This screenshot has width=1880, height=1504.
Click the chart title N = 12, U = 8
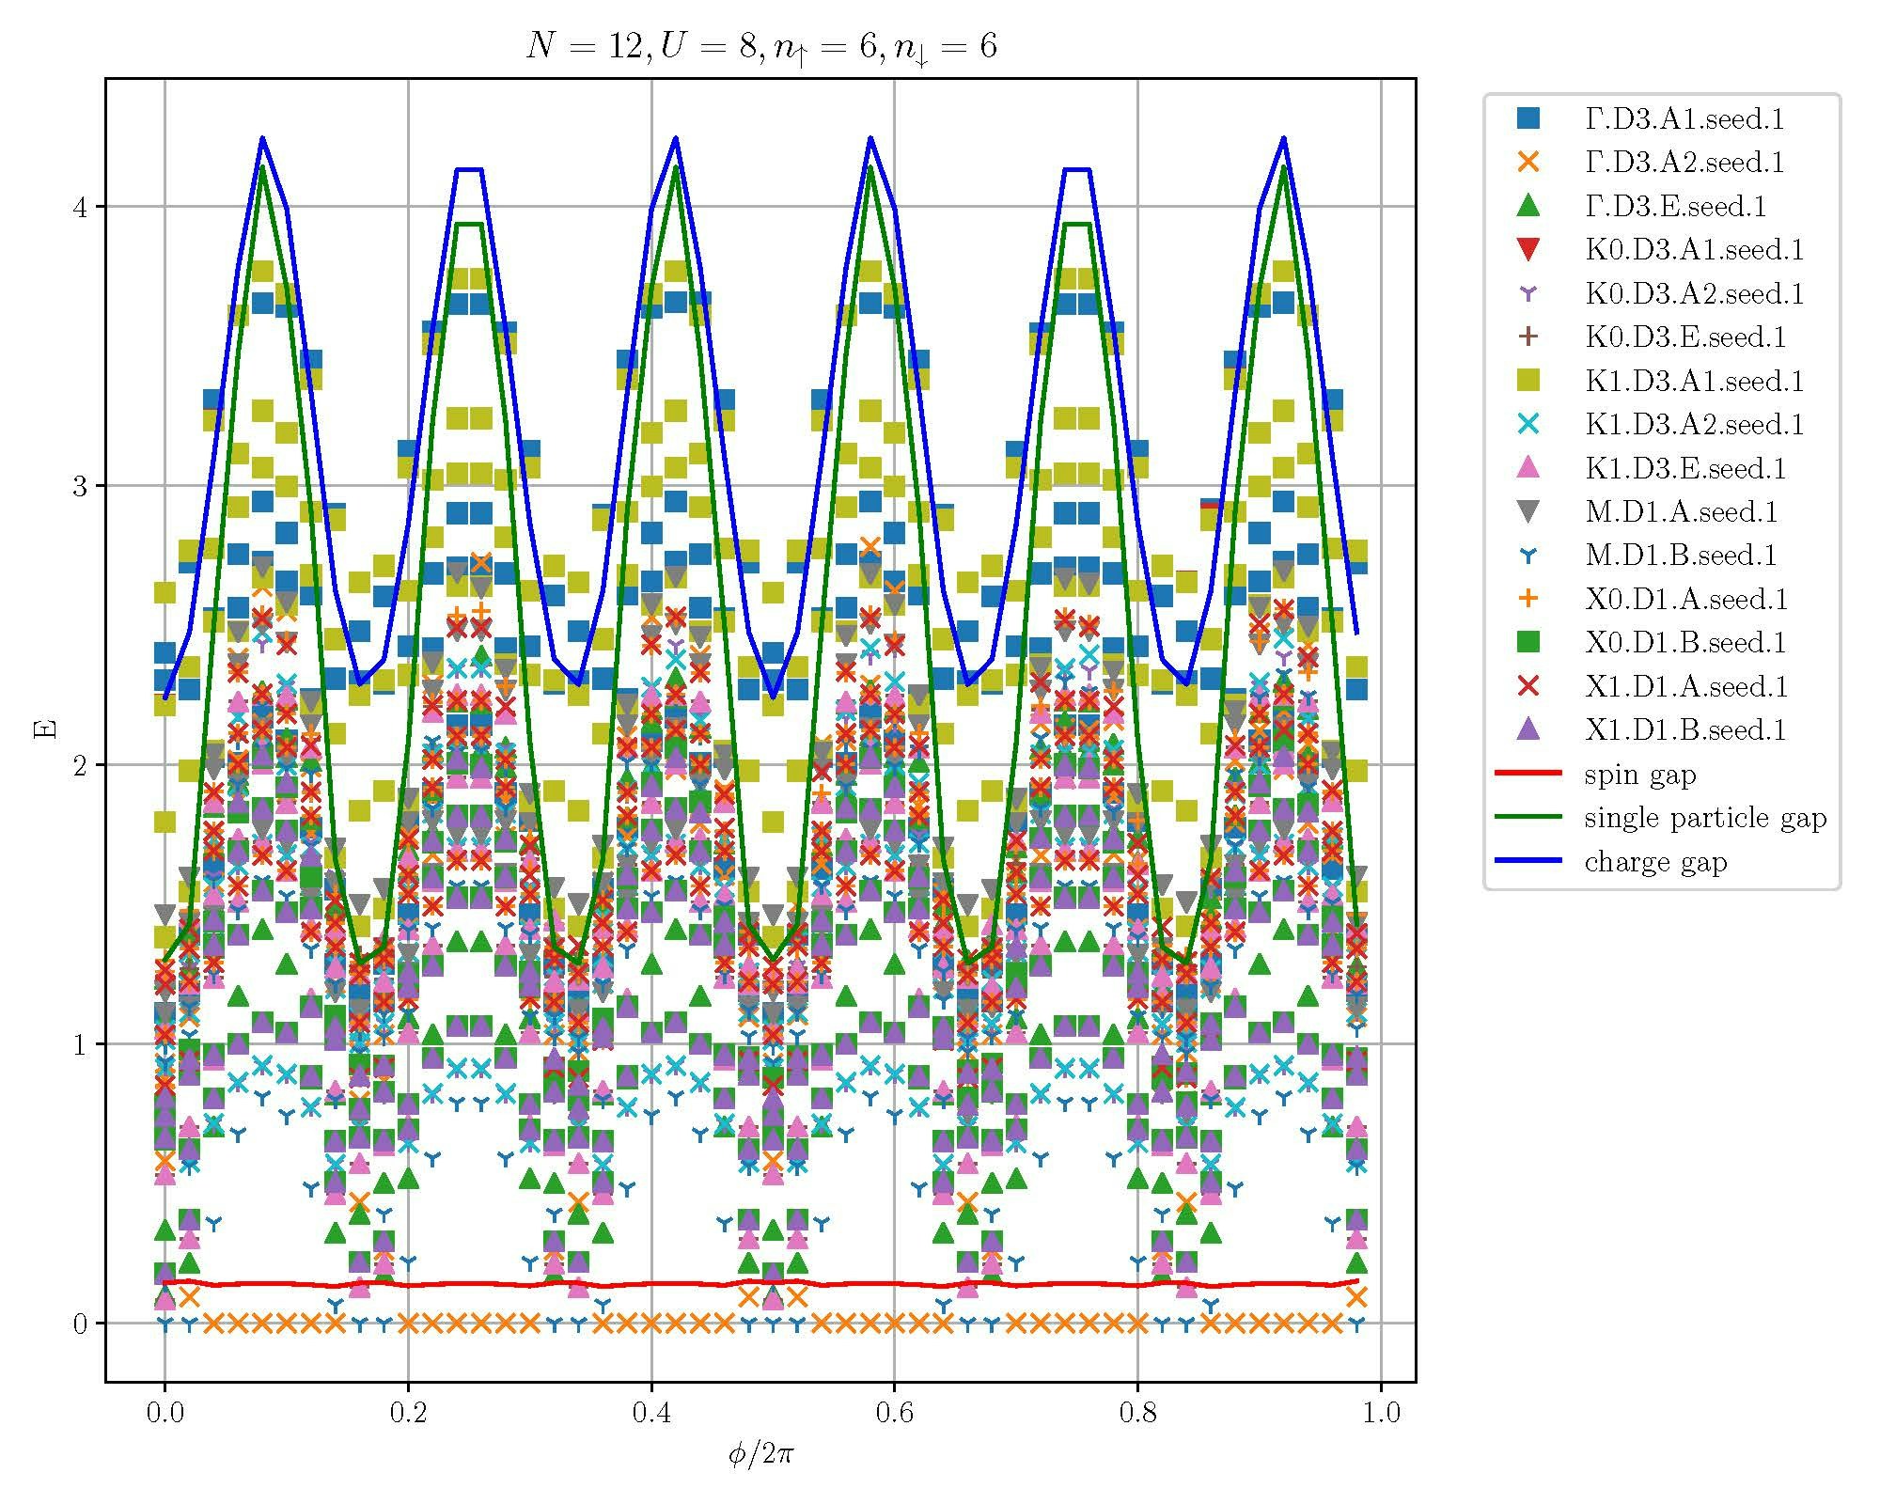coord(760,45)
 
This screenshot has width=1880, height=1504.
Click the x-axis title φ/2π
coord(760,1455)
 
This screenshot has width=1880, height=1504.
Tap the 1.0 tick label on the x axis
coord(1380,1413)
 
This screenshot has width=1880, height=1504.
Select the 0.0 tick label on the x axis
coord(164,1413)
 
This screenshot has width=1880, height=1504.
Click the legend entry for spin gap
coord(1639,775)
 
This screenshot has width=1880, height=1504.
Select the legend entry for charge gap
coord(1655,862)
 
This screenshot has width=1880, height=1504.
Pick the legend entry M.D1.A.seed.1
coord(1681,512)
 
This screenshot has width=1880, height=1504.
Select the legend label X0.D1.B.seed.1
coord(1685,643)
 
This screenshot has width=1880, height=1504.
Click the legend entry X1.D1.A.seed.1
coord(1685,686)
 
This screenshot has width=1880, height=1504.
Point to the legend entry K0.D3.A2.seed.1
coord(1695,293)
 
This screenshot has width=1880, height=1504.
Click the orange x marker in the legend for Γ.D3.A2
coord(1528,163)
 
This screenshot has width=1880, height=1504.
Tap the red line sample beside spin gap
coord(1528,775)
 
